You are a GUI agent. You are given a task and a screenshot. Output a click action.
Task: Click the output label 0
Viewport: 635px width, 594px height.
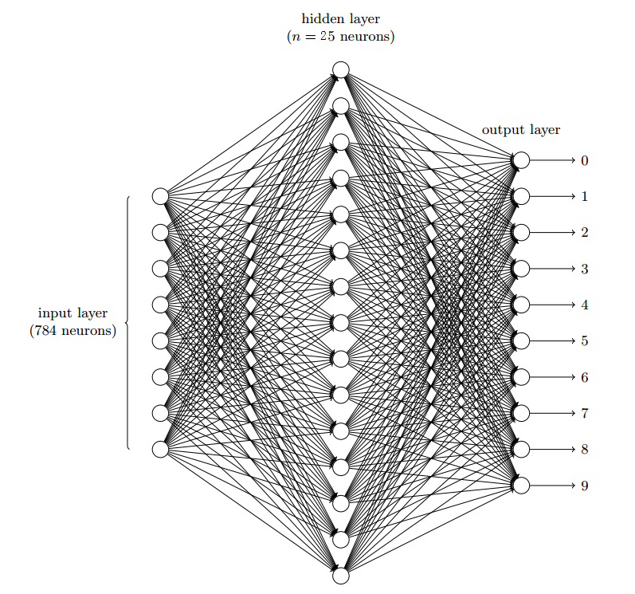[584, 161]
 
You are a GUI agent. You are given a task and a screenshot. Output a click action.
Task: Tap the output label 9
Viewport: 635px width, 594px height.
[584, 486]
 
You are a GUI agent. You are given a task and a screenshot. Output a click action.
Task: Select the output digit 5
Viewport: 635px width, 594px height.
[584, 341]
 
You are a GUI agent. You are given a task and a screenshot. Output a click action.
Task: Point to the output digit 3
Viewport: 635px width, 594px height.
[584, 269]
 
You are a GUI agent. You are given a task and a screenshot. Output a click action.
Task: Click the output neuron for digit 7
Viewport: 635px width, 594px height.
[521, 413]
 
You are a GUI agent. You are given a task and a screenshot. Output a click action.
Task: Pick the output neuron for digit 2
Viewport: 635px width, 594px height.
[521, 233]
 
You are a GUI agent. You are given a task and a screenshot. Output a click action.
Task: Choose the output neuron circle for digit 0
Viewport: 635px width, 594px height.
[521, 160]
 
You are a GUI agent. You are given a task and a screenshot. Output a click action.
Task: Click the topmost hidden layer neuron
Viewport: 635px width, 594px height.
[341, 70]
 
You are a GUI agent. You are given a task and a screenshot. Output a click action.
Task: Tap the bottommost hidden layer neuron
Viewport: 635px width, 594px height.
[341, 576]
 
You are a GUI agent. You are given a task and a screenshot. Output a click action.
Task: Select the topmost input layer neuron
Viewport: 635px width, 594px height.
[160, 196]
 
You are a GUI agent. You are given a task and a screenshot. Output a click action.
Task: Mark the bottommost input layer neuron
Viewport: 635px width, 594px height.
[160, 449]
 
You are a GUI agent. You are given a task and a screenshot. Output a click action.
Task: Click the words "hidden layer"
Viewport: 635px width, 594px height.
[340, 19]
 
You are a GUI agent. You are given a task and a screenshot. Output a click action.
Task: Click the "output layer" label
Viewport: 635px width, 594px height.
[520, 129]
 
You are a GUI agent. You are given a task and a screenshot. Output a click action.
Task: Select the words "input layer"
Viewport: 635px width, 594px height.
[73, 313]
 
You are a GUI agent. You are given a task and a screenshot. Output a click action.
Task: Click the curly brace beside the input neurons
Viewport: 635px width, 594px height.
[127, 323]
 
